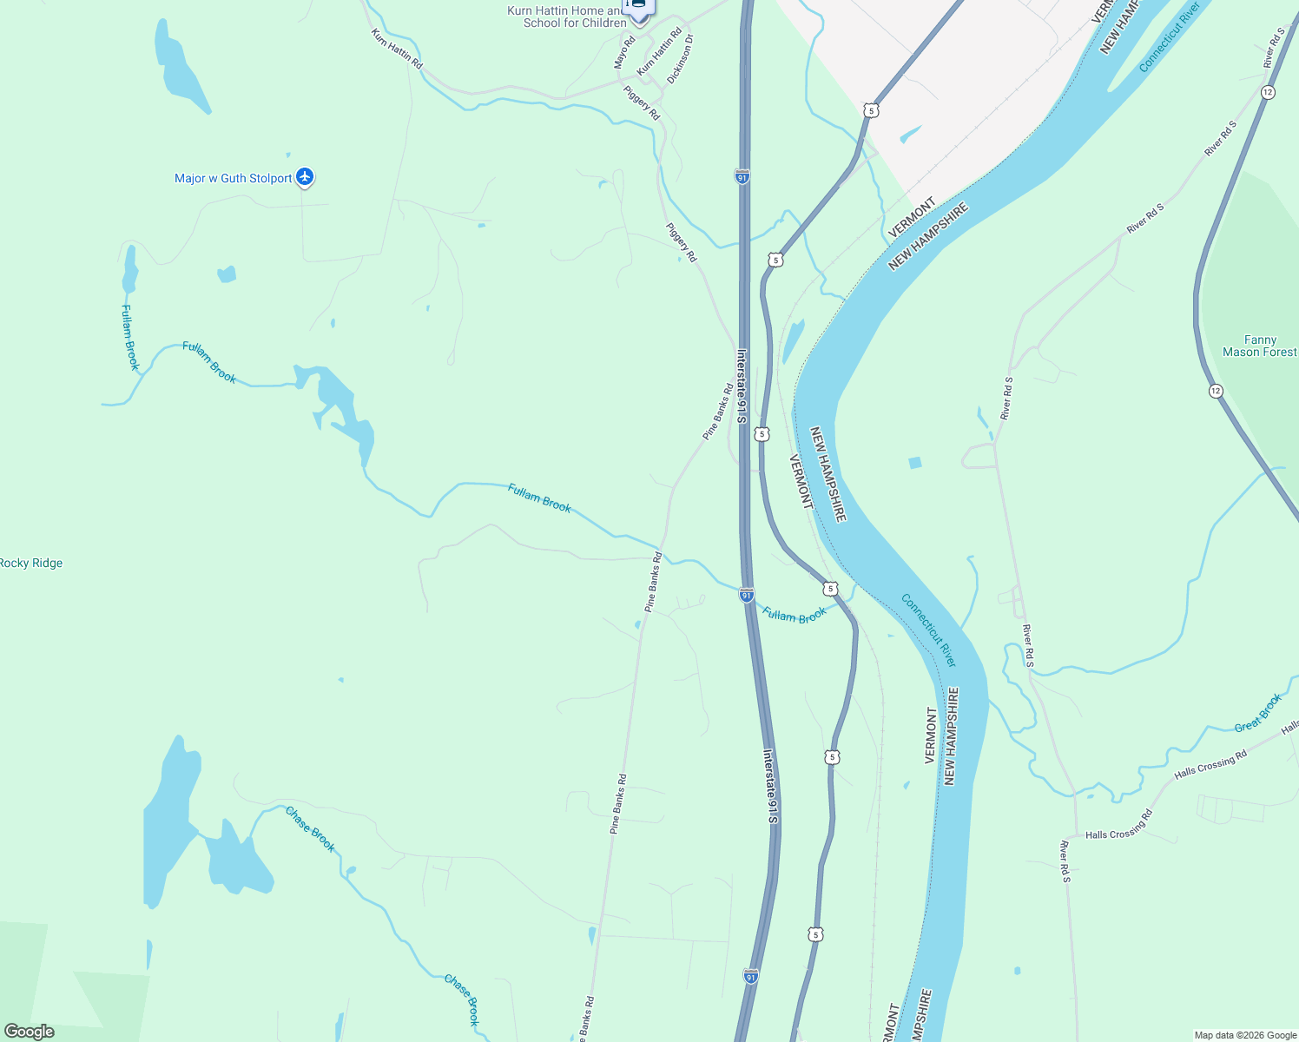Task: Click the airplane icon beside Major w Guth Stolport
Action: (x=305, y=177)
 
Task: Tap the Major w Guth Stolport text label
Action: (x=233, y=178)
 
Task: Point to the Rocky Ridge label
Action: (x=31, y=563)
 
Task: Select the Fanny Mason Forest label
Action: (x=1259, y=346)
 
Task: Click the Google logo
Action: (x=29, y=1032)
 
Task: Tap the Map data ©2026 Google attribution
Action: (x=1244, y=1035)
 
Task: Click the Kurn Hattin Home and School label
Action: (x=566, y=16)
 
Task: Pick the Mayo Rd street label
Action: (x=625, y=51)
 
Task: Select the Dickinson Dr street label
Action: (x=681, y=59)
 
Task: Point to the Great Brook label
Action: (x=1258, y=712)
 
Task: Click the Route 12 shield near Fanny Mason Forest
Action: (x=1216, y=392)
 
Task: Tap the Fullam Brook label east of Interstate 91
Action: (x=795, y=615)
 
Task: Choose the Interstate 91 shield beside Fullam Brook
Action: (x=747, y=595)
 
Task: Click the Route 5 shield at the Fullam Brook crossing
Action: (x=831, y=589)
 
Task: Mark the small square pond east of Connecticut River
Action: (x=914, y=463)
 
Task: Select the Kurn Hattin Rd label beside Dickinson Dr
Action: (x=659, y=51)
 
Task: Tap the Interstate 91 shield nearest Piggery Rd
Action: (x=742, y=176)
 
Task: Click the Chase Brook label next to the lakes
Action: (x=310, y=829)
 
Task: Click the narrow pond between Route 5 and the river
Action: (x=793, y=341)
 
